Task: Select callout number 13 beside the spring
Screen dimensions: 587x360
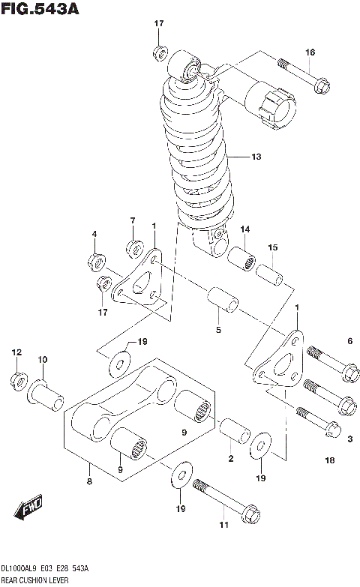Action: (256, 157)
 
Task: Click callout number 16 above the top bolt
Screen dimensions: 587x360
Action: (310, 52)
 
